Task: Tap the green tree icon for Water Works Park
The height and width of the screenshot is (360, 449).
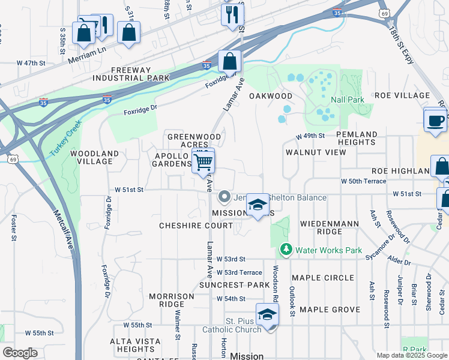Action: (286, 248)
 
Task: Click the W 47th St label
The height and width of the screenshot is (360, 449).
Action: (31, 63)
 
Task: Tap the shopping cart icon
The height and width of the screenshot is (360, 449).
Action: (203, 161)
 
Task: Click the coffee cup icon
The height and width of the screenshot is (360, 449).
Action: (435, 119)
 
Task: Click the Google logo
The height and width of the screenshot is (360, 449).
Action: (20, 353)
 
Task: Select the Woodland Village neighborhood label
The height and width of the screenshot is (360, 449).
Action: (91, 157)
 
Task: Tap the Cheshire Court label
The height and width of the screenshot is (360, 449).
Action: (195, 226)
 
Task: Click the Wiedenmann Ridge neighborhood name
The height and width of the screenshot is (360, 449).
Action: (329, 227)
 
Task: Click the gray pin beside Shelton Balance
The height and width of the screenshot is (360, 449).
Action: (224, 197)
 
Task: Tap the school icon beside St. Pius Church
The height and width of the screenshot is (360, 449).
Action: (267, 314)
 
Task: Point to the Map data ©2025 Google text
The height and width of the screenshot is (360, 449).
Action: (411, 355)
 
